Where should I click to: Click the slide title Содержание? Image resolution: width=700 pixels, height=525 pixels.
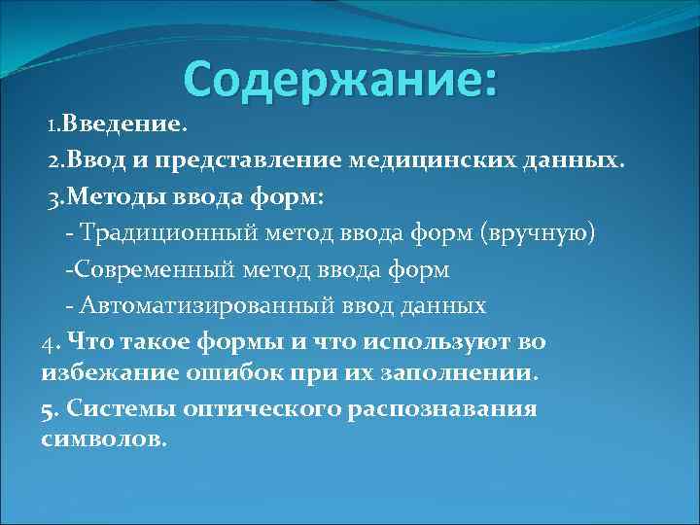point(340,79)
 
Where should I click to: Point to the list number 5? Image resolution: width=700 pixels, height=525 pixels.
point(48,408)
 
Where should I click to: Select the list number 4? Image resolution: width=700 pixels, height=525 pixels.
point(48,342)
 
